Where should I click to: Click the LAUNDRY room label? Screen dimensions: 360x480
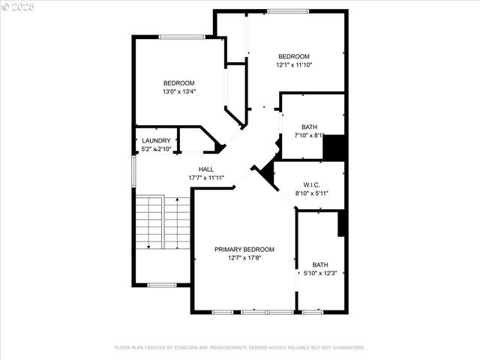(x=157, y=140)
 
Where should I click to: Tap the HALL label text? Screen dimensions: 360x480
(x=206, y=169)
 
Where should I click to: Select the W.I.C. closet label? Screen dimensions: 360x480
(x=313, y=184)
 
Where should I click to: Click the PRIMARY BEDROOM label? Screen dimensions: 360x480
(x=244, y=249)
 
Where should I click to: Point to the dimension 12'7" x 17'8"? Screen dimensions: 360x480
(x=244, y=258)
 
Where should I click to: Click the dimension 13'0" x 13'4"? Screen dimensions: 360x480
(x=179, y=91)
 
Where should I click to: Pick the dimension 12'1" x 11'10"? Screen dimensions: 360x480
(x=294, y=65)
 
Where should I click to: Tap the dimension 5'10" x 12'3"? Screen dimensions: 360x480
(x=320, y=273)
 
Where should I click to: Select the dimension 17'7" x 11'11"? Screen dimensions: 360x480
(x=206, y=178)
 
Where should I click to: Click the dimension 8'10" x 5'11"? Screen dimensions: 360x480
(x=313, y=193)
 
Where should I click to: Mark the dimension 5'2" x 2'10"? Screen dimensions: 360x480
(x=157, y=149)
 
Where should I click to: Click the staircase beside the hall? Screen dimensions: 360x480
(x=162, y=223)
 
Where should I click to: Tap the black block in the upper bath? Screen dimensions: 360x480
(x=333, y=146)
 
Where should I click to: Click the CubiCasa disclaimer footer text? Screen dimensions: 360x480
(x=240, y=347)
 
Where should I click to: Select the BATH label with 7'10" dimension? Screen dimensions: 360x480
(x=310, y=127)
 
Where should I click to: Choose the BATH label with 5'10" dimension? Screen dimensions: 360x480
(x=320, y=264)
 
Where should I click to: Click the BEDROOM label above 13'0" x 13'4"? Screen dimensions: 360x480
(x=179, y=82)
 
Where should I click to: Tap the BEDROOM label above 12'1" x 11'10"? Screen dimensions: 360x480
(x=294, y=56)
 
